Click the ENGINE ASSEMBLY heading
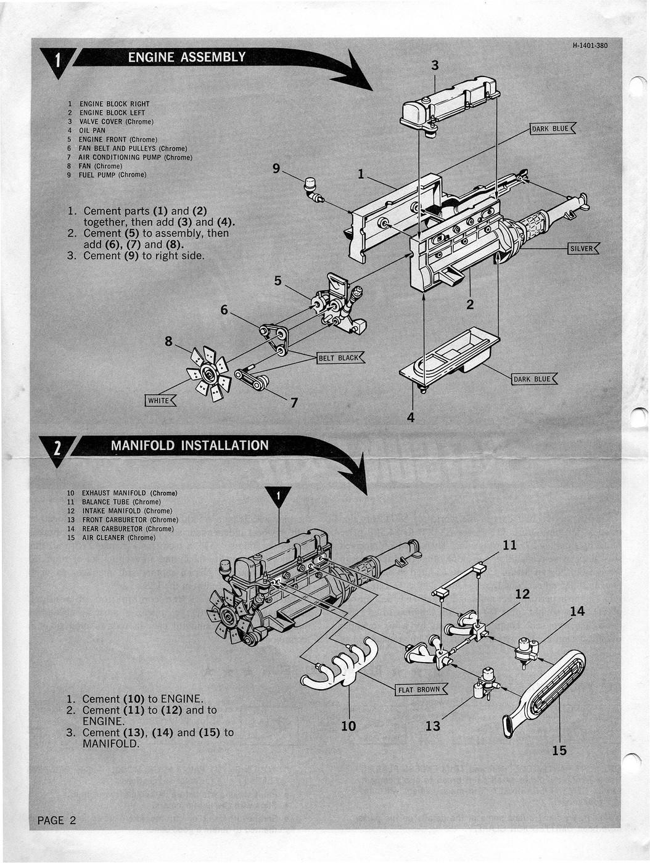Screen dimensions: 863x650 186,57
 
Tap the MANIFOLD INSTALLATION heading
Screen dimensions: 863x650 189,446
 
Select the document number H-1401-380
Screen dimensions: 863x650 589,45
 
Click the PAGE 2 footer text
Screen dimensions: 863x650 57,820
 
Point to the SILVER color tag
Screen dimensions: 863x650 582,249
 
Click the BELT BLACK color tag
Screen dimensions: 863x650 340,358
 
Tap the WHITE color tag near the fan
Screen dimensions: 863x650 160,401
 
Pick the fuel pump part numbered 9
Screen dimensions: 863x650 313,189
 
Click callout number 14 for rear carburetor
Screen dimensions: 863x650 577,611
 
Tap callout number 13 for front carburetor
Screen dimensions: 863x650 433,726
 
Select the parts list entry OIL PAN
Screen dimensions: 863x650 91,131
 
